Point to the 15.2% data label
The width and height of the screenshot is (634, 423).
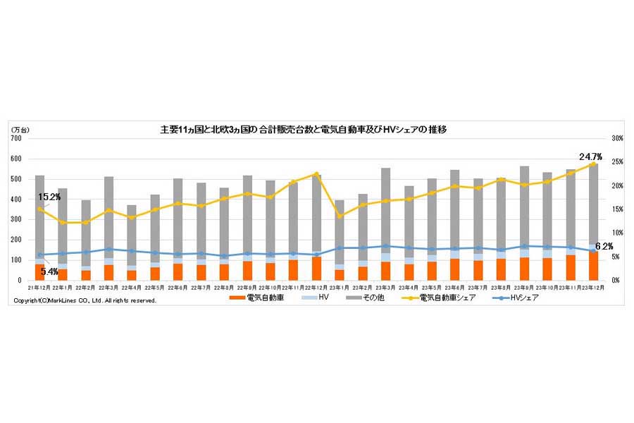[49, 197]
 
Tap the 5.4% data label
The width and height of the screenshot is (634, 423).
[49, 271]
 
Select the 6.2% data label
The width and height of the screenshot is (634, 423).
[604, 246]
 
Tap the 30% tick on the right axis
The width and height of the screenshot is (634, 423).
[616, 139]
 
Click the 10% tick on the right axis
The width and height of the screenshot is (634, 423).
[616, 233]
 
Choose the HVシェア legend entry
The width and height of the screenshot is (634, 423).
[518, 298]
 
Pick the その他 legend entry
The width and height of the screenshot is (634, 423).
[371, 298]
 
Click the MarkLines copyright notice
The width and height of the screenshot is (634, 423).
[85, 300]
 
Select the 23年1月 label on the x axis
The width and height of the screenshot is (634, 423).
[339, 288]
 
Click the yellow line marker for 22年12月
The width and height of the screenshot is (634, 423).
[316, 174]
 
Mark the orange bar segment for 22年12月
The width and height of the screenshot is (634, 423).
[316, 269]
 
